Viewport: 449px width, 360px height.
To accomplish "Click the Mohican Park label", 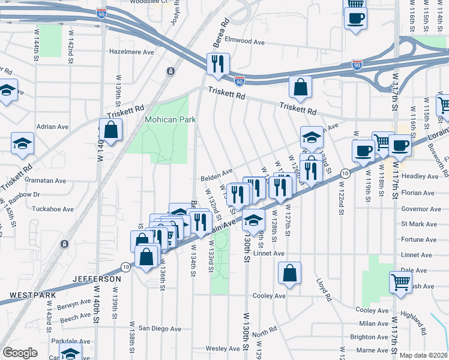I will tap(170, 119).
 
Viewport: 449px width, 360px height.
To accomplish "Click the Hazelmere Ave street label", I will tap(132, 52).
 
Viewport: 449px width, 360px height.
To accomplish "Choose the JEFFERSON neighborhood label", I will tap(97, 280).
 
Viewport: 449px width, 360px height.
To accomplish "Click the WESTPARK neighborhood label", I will tap(32, 296).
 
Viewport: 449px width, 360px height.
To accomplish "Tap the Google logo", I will tap(20, 353).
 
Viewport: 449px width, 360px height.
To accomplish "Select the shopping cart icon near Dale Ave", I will tap(400, 281).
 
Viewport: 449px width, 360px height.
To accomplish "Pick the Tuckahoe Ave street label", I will tap(53, 209).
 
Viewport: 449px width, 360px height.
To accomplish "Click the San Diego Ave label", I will tap(160, 329).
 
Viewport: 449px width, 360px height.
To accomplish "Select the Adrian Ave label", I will tap(53, 127).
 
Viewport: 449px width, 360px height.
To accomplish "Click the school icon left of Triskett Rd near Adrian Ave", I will tap(23, 144).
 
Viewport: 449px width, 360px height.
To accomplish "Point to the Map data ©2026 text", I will tap(423, 355).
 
